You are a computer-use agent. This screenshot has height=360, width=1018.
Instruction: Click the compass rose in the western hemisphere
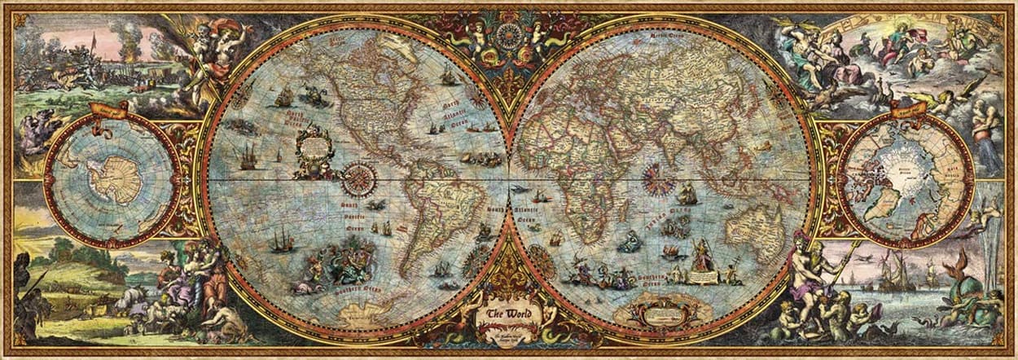[358, 176]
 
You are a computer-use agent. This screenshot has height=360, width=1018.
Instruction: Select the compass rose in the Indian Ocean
[652, 176]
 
